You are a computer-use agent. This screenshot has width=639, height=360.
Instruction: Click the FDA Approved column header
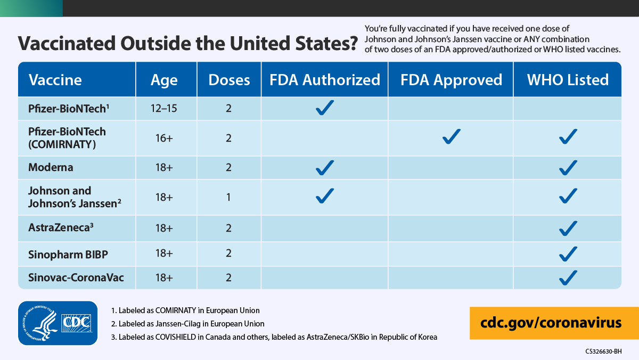click(x=451, y=80)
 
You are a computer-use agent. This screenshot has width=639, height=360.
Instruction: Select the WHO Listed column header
click(x=568, y=80)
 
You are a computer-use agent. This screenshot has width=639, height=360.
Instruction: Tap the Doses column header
click(x=229, y=80)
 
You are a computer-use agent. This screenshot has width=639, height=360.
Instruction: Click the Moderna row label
click(x=51, y=167)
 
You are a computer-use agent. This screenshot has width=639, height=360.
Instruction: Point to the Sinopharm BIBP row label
click(x=68, y=255)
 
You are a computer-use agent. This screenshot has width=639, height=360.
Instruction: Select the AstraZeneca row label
click(x=61, y=227)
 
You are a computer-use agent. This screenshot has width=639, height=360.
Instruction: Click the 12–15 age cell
click(x=164, y=108)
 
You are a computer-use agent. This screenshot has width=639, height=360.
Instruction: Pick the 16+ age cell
click(x=164, y=138)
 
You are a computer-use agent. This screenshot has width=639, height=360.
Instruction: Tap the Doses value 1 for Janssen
click(x=228, y=197)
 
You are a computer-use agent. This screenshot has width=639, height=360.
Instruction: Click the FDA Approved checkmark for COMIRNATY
click(x=451, y=137)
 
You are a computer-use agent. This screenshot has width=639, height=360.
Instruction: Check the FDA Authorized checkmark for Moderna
click(x=324, y=168)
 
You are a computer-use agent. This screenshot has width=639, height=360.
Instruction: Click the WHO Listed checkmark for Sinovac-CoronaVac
click(x=568, y=277)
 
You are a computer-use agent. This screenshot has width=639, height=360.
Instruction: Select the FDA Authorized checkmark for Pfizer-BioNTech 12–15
click(x=324, y=108)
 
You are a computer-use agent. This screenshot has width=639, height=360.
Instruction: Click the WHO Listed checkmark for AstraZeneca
click(x=568, y=228)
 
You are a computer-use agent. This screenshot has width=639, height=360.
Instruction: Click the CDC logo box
click(x=77, y=322)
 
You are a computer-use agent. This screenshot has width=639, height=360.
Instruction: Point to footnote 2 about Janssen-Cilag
click(x=187, y=323)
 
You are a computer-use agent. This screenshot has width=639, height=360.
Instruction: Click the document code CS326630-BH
click(x=603, y=351)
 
